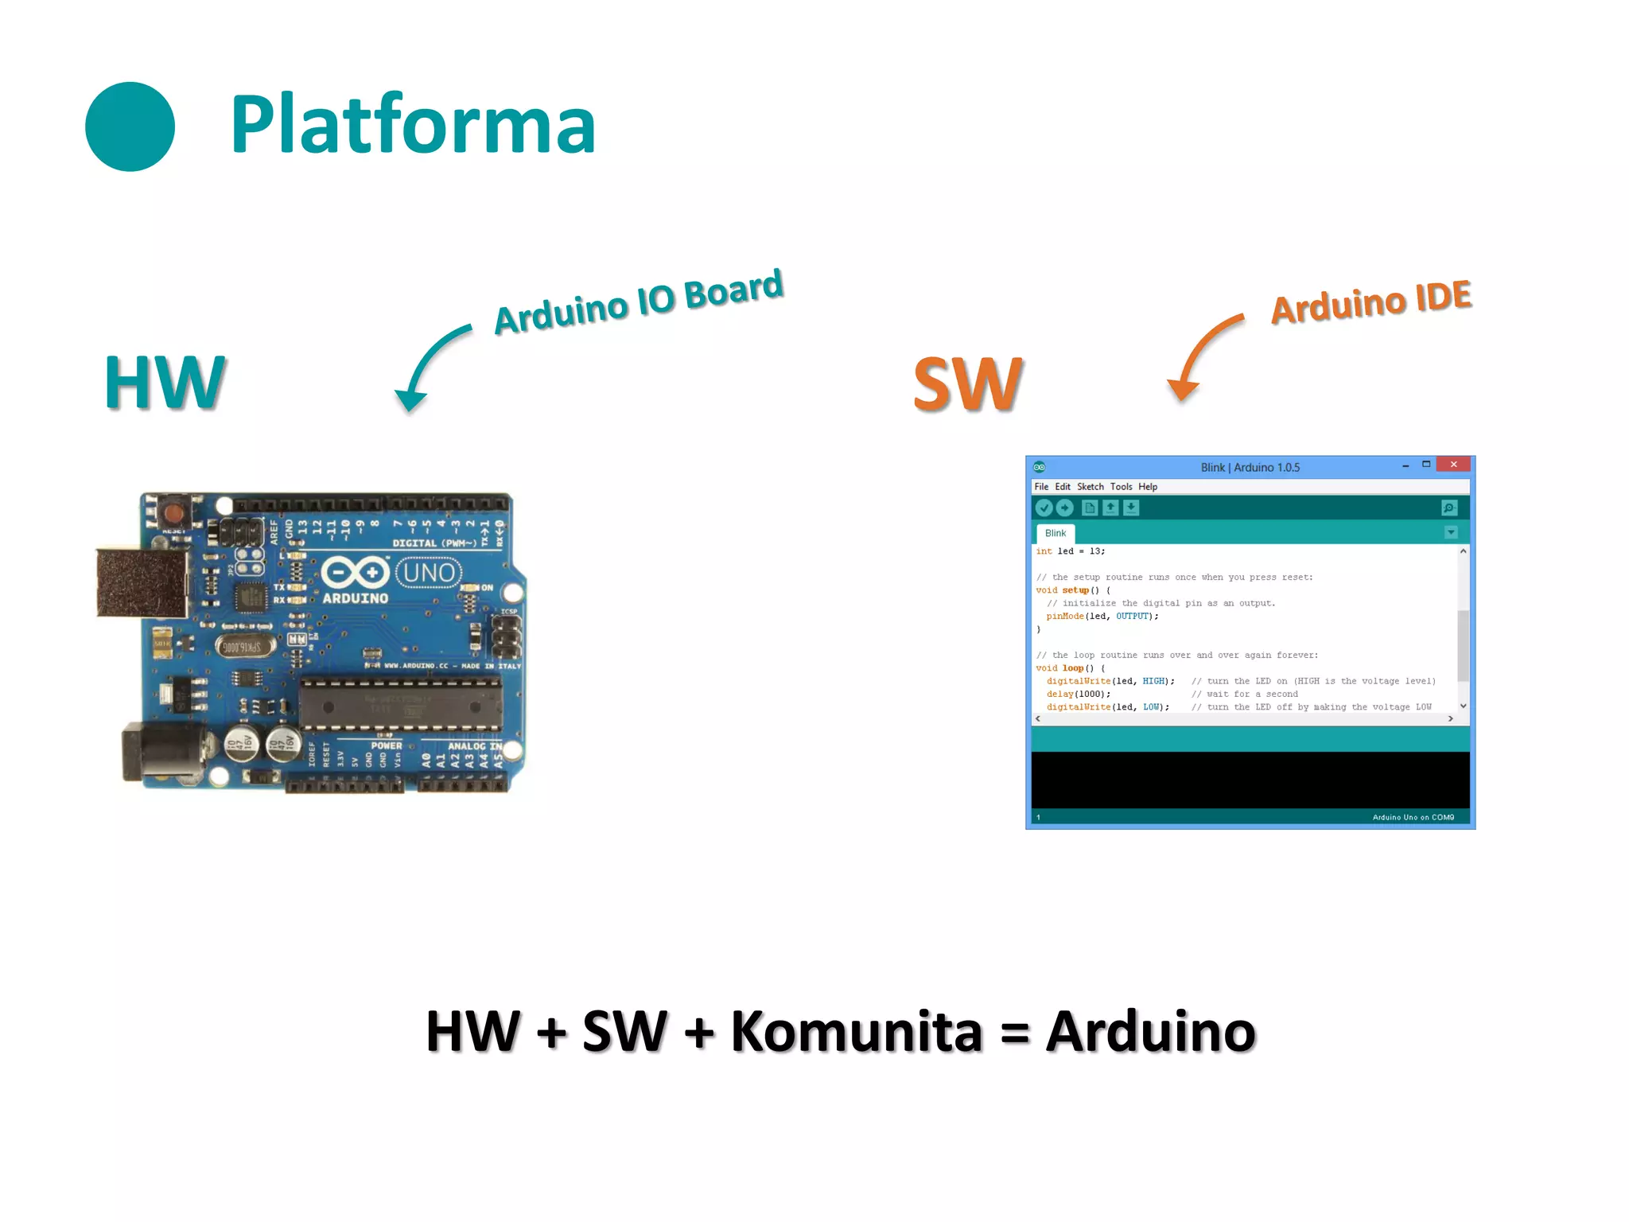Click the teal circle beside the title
click(130, 126)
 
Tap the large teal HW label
click(165, 383)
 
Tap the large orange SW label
click(967, 384)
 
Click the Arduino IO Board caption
click(638, 302)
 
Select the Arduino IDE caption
click(1370, 302)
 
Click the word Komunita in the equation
click(856, 1032)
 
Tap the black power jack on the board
click(163, 752)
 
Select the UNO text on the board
click(429, 572)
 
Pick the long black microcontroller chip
click(401, 704)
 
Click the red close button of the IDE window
click(1453, 465)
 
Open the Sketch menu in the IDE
click(1090, 487)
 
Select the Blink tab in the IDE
click(1056, 533)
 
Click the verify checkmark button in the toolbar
click(1044, 508)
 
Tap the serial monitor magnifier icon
click(1448, 508)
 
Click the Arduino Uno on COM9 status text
click(1413, 817)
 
